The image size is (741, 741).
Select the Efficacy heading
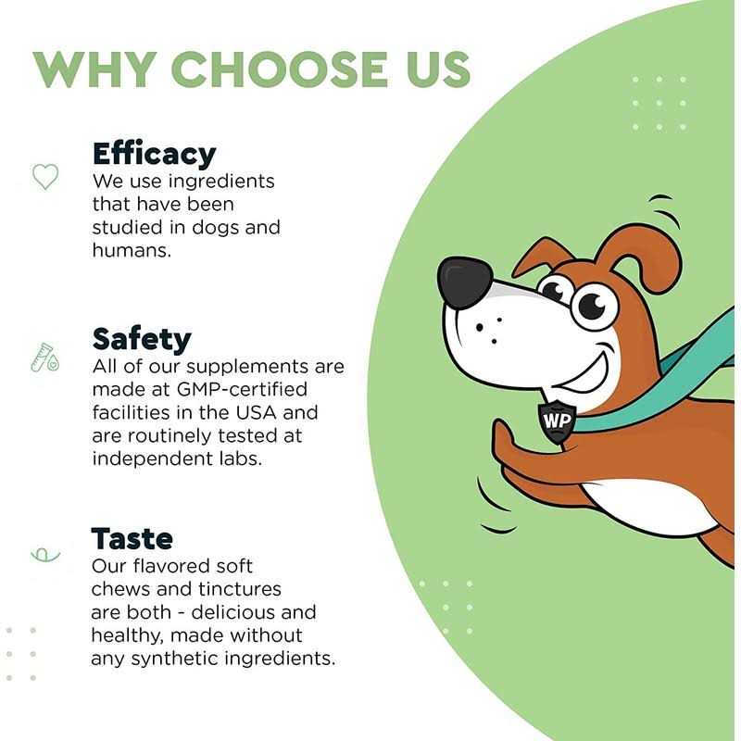point(154,154)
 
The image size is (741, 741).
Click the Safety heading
point(141,339)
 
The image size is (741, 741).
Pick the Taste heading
point(132,538)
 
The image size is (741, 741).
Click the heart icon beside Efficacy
point(45,176)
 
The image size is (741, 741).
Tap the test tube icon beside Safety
point(44,356)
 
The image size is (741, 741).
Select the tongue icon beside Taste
point(44,554)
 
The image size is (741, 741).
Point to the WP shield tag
point(558,421)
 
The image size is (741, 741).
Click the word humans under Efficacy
point(131,251)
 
